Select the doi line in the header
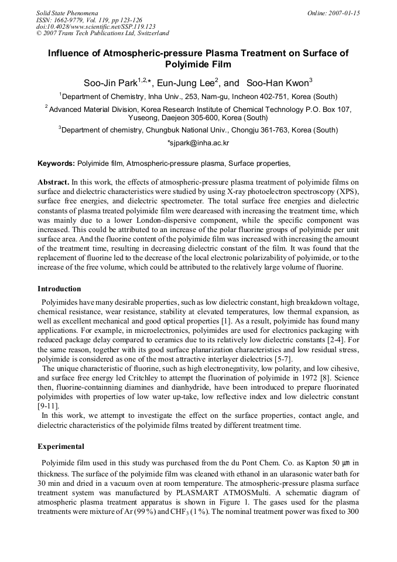pos(95,27)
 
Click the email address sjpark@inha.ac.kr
pos(198,143)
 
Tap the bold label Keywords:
pos(56,164)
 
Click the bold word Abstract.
pos(54,182)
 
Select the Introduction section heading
pos(59,289)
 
